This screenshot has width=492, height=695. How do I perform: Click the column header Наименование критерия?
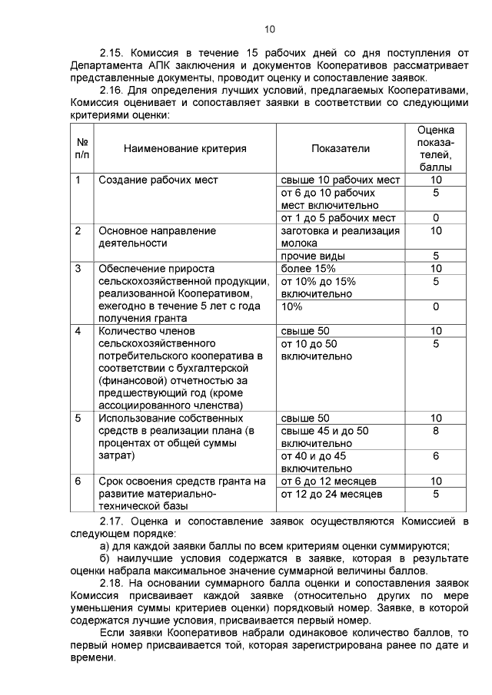(x=185, y=148)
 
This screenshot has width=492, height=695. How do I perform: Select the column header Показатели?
(x=341, y=148)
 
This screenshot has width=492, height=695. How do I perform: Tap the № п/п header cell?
(x=82, y=148)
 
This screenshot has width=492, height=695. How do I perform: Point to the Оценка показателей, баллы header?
(x=435, y=147)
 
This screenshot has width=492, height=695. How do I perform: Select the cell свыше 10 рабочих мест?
(x=341, y=180)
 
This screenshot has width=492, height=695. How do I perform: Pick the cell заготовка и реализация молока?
(x=341, y=237)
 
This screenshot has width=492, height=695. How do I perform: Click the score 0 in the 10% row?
(x=436, y=306)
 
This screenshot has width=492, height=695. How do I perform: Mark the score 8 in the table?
(x=436, y=431)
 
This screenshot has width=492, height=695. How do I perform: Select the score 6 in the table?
(x=436, y=455)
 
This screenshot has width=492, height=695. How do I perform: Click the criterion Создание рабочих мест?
(x=158, y=180)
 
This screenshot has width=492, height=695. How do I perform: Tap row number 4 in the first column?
(x=78, y=331)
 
